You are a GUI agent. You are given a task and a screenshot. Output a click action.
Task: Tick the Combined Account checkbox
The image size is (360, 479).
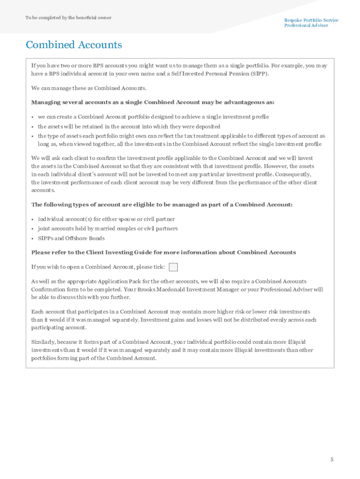[x=173, y=267]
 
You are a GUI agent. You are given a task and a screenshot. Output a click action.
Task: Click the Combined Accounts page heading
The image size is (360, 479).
[x=74, y=45]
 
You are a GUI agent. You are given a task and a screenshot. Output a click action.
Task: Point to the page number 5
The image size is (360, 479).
[x=332, y=459]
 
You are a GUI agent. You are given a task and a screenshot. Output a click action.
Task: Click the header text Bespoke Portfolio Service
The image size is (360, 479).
[x=311, y=20]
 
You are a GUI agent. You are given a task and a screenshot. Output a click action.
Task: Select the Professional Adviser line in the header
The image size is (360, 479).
[x=306, y=25]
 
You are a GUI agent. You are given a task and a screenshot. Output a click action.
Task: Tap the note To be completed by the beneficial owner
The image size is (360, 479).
[x=68, y=18]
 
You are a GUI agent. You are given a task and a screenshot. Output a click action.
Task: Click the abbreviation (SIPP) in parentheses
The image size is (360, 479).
[x=259, y=74]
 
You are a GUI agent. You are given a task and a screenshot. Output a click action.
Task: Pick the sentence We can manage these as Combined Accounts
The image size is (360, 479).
[x=89, y=88]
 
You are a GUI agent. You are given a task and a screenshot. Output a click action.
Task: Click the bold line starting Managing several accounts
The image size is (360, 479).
[x=153, y=102]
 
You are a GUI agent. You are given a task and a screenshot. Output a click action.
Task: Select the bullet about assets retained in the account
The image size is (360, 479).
[x=129, y=126]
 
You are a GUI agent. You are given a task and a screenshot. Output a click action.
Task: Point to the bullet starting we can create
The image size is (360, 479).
[x=153, y=116]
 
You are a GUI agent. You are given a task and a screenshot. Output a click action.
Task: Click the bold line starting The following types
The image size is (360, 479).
[x=162, y=204]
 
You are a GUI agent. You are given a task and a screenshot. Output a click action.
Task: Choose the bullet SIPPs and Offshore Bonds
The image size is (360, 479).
[x=71, y=238]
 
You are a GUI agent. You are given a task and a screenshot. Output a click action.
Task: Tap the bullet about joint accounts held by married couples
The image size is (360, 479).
[x=108, y=229]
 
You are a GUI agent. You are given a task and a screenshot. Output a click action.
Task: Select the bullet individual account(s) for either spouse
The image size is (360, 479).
[x=106, y=219]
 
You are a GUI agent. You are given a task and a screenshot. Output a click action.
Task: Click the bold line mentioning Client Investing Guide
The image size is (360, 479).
[x=163, y=252]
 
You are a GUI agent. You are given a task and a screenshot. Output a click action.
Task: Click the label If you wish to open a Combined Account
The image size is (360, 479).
[x=98, y=267]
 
